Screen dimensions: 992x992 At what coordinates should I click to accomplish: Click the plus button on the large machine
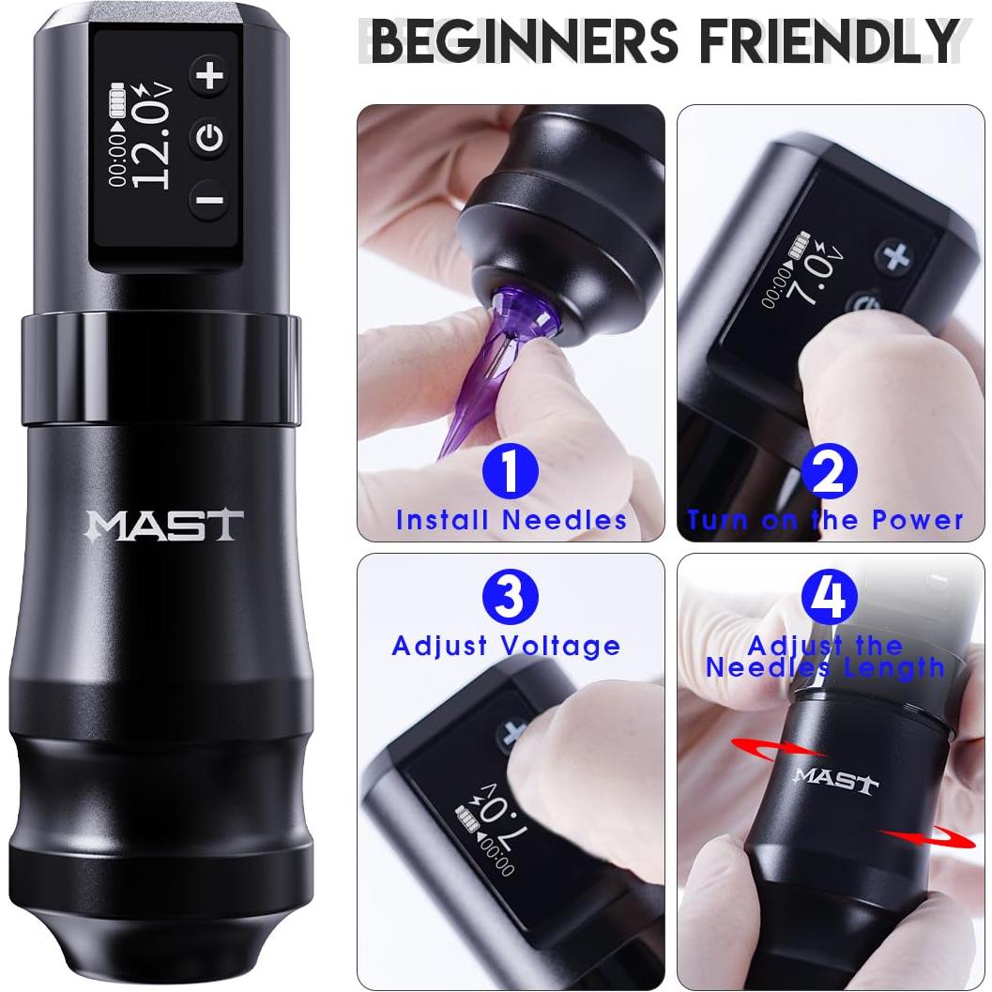(x=212, y=76)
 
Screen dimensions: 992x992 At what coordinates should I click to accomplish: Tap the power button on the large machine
(x=212, y=137)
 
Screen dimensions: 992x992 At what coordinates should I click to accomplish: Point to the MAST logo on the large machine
(x=165, y=525)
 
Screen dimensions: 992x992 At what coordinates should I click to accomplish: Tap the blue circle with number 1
(x=510, y=471)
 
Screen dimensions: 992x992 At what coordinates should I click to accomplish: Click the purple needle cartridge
(x=499, y=361)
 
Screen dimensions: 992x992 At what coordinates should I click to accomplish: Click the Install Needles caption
(x=511, y=519)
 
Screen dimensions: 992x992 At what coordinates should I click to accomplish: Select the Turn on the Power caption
(x=826, y=519)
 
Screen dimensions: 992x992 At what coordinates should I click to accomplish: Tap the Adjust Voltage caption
(x=507, y=646)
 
